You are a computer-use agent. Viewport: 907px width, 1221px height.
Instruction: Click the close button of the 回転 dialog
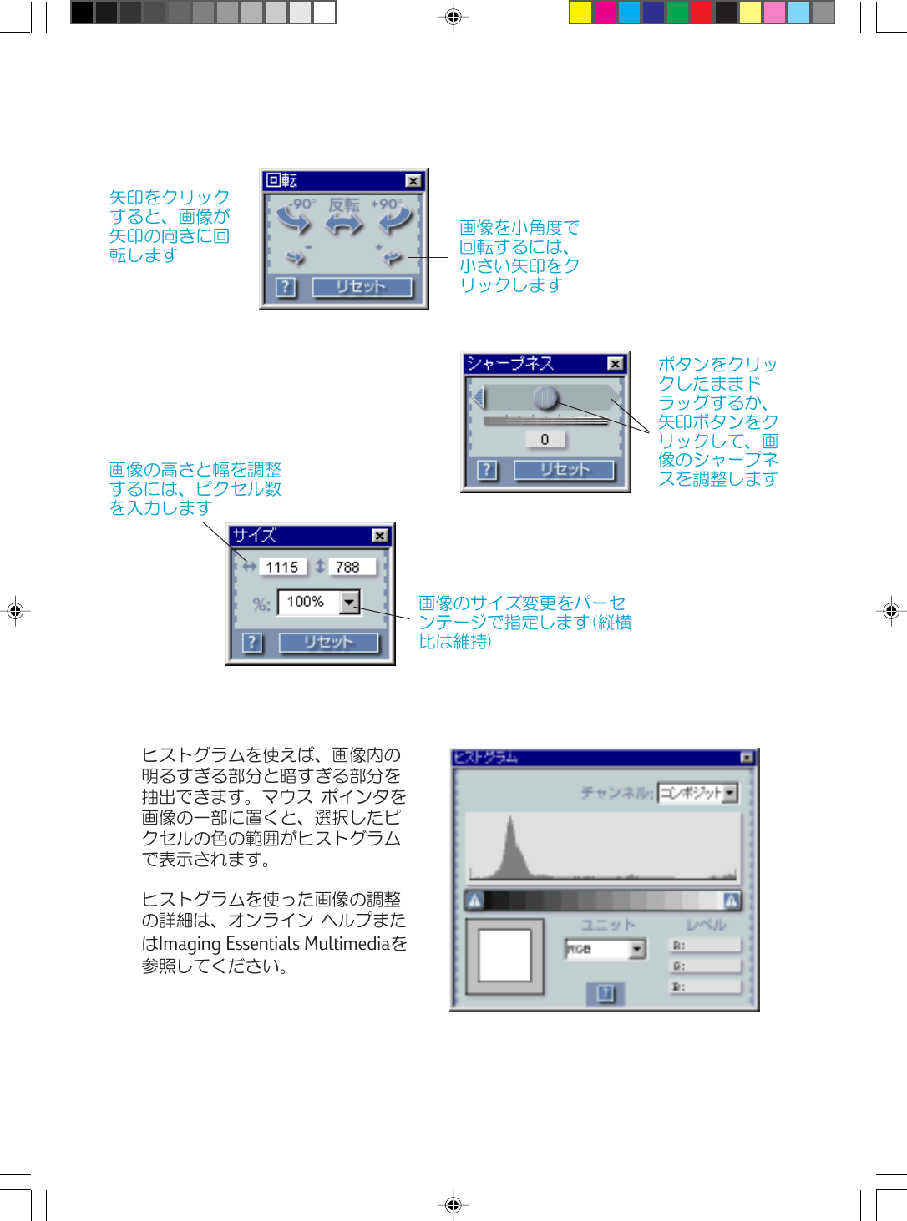click(413, 181)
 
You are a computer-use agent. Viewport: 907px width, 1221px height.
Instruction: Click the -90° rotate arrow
click(294, 220)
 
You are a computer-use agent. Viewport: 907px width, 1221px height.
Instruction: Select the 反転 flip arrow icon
click(344, 222)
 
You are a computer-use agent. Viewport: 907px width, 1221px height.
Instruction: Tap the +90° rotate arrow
click(394, 220)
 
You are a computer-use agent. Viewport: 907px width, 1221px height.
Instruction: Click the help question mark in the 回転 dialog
click(286, 287)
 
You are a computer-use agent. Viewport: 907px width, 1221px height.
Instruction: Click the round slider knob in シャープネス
click(545, 397)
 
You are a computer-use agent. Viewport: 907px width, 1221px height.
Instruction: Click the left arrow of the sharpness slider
click(479, 397)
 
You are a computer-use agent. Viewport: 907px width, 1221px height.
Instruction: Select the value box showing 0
click(545, 439)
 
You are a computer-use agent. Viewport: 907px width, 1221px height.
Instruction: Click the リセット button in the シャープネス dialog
click(564, 470)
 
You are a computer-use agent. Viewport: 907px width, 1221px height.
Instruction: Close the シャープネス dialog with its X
click(615, 364)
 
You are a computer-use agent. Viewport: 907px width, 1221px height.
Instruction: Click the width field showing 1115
click(282, 568)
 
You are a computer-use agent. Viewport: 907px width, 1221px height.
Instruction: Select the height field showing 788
click(348, 568)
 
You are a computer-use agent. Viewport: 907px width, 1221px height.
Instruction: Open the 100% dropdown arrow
click(350, 602)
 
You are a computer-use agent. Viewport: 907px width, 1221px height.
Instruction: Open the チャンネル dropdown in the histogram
click(730, 793)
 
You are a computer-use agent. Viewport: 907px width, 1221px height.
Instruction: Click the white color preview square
click(504, 956)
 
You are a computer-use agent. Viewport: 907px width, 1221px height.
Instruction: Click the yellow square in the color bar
click(580, 13)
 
